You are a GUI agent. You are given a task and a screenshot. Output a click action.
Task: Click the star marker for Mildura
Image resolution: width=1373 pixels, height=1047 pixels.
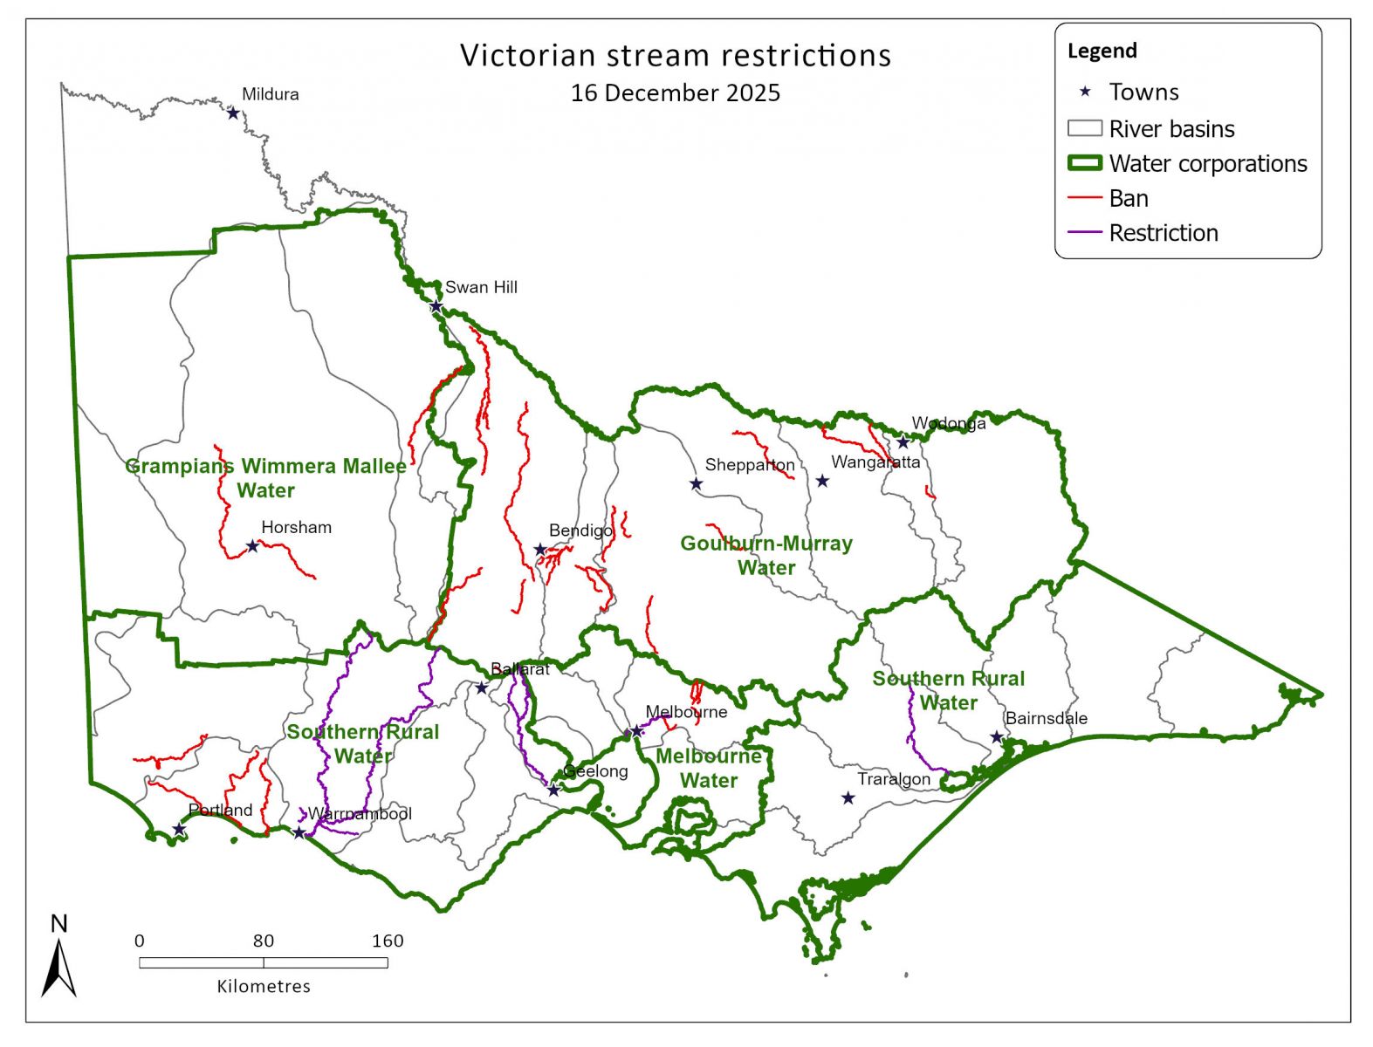pyautogui.click(x=233, y=113)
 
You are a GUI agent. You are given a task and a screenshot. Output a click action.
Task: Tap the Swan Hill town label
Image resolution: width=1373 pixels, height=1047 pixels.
pyautogui.click(x=481, y=287)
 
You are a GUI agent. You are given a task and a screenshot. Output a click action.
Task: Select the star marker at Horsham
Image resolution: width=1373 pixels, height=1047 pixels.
pyautogui.click(x=252, y=546)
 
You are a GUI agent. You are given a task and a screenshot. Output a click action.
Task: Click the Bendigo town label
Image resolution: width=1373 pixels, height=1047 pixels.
pyautogui.click(x=580, y=530)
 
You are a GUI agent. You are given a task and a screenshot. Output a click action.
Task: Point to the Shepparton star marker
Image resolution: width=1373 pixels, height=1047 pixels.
pyautogui.click(x=696, y=484)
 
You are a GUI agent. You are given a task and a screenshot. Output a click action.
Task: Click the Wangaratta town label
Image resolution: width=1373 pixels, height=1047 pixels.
pyautogui.click(x=875, y=462)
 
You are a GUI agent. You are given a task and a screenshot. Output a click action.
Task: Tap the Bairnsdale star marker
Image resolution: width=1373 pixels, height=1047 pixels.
pyautogui.click(x=997, y=737)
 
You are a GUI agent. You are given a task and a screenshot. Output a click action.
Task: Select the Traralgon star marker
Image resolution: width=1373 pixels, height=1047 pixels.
pyautogui.click(x=848, y=798)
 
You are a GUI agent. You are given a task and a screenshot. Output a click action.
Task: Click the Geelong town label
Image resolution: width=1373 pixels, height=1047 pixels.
pyautogui.click(x=595, y=771)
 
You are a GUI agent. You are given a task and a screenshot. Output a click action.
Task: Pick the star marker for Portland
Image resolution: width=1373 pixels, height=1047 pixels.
pyautogui.click(x=178, y=830)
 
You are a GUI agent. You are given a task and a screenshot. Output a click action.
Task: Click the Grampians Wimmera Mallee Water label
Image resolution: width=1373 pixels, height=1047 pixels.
pyautogui.click(x=266, y=478)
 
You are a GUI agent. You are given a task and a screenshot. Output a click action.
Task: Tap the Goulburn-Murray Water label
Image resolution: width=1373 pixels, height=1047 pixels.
pyautogui.click(x=766, y=555)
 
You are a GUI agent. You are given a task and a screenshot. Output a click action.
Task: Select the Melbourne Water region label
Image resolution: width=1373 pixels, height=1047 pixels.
pyautogui.click(x=709, y=768)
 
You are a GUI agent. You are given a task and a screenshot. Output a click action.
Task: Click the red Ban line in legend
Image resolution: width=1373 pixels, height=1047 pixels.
pyautogui.click(x=1085, y=199)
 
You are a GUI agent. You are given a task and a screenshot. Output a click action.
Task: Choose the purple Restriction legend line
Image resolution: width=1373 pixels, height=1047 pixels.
pyautogui.click(x=1085, y=234)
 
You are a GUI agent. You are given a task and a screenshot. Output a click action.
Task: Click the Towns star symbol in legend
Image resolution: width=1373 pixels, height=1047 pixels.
pyautogui.click(x=1085, y=92)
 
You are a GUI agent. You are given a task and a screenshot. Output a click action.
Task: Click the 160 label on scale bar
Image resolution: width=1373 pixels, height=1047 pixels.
pyautogui.click(x=387, y=941)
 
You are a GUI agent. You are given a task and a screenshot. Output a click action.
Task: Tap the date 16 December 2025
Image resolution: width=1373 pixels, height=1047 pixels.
pyautogui.click(x=676, y=93)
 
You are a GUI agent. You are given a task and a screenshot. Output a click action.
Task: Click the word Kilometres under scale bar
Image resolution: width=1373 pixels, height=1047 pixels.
pyautogui.click(x=264, y=987)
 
